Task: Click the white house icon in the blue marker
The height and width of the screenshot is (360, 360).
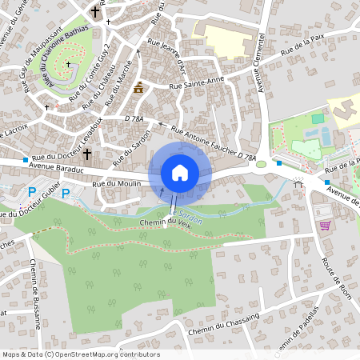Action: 180,172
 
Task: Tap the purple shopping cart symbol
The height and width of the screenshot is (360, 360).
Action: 326,226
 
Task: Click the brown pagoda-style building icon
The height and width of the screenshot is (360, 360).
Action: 140,86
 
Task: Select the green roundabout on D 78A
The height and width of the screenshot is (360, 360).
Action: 261,165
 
